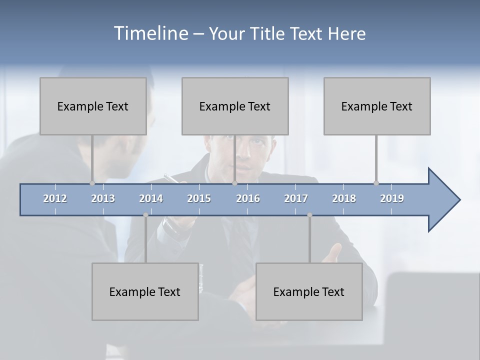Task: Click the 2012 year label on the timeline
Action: coord(55,198)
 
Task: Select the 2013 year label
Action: coord(103,198)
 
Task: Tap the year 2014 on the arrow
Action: coord(151,198)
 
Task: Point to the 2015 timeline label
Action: coord(199,198)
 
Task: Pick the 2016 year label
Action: coord(248,198)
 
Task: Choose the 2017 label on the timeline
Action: coord(296,198)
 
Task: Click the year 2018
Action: coord(344,198)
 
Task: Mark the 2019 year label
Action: coord(392,198)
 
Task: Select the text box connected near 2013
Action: coord(93,106)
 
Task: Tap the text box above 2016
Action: coord(235,106)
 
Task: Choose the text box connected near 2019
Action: coord(377,106)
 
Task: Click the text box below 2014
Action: coord(145,291)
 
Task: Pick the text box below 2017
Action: coord(309,291)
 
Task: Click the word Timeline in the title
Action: coord(150,33)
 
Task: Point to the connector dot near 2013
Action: coord(92,183)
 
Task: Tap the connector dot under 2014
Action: coord(145,215)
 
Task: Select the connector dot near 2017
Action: coord(309,215)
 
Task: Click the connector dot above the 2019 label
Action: coord(376,183)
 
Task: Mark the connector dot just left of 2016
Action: coord(234,183)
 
